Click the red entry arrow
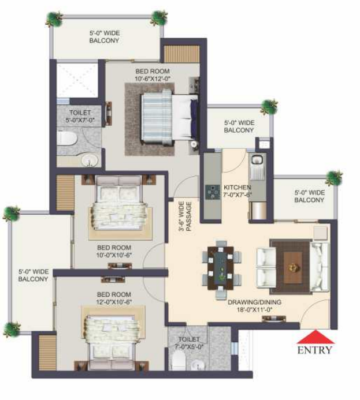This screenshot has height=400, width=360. (x=316, y=337)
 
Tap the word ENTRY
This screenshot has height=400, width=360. (x=315, y=350)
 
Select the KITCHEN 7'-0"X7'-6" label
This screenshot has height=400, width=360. (x=237, y=191)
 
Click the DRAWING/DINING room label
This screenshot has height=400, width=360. (x=254, y=306)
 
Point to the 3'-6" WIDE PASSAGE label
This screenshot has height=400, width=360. (x=185, y=216)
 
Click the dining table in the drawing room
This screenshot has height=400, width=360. (x=220, y=268)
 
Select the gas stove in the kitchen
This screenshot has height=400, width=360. (x=213, y=191)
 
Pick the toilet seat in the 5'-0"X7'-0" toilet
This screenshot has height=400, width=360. (x=66, y=139)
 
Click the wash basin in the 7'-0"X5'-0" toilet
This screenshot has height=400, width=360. (x=197, y=364)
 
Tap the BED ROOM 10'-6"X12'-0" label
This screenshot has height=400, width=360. (x=153, y=74)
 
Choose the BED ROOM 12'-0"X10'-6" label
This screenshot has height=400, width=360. (x=114, y=298)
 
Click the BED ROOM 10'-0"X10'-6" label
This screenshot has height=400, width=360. (x=114, y=251)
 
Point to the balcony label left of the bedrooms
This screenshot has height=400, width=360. (x=33, y=275)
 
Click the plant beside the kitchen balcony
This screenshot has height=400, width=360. (x=269, y=107)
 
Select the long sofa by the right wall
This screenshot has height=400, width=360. (x=319, y=267)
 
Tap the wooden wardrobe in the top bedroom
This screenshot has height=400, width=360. (x=181, y=54)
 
